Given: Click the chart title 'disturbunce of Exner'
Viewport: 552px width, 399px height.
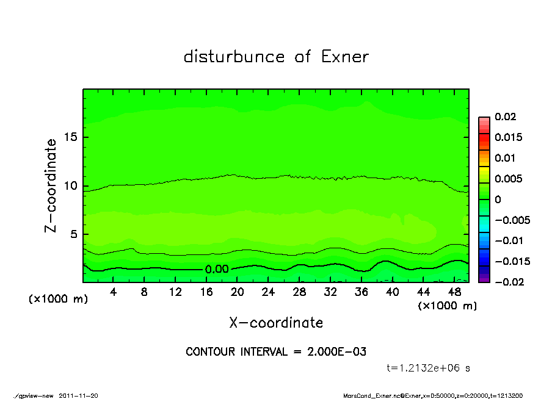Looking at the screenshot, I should click(276, 57).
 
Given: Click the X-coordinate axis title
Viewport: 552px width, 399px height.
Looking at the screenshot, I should click(276, 323).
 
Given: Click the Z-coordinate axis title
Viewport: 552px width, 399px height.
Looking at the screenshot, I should click(51, 185).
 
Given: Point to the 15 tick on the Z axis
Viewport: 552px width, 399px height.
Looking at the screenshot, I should click(71, 137).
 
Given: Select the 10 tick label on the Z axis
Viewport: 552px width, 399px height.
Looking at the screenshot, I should click(71, 186).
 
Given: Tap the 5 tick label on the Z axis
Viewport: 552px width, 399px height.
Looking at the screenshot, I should click(74, 234).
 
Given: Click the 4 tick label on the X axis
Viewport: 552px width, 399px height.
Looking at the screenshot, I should click(114, 292).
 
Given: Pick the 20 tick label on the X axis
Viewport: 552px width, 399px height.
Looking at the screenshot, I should click(238, 292).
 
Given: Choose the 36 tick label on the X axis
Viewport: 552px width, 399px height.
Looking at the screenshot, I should click(361, 292).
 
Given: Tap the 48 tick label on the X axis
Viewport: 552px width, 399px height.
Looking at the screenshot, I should click(454, 292).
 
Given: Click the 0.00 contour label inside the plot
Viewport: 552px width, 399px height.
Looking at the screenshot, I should click(217, 269).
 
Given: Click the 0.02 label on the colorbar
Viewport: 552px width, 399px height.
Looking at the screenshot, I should click(506, 117).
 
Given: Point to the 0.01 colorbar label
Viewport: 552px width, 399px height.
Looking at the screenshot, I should click(506, 158).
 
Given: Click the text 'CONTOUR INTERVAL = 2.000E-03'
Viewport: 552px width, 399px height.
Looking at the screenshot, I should click(276, 352).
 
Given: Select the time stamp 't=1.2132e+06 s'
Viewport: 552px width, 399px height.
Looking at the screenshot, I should click(428, 368).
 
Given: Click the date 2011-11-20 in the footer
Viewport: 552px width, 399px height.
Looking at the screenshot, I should click(78, 395).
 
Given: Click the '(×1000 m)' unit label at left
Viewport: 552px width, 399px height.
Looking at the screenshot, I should click(59, 300).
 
